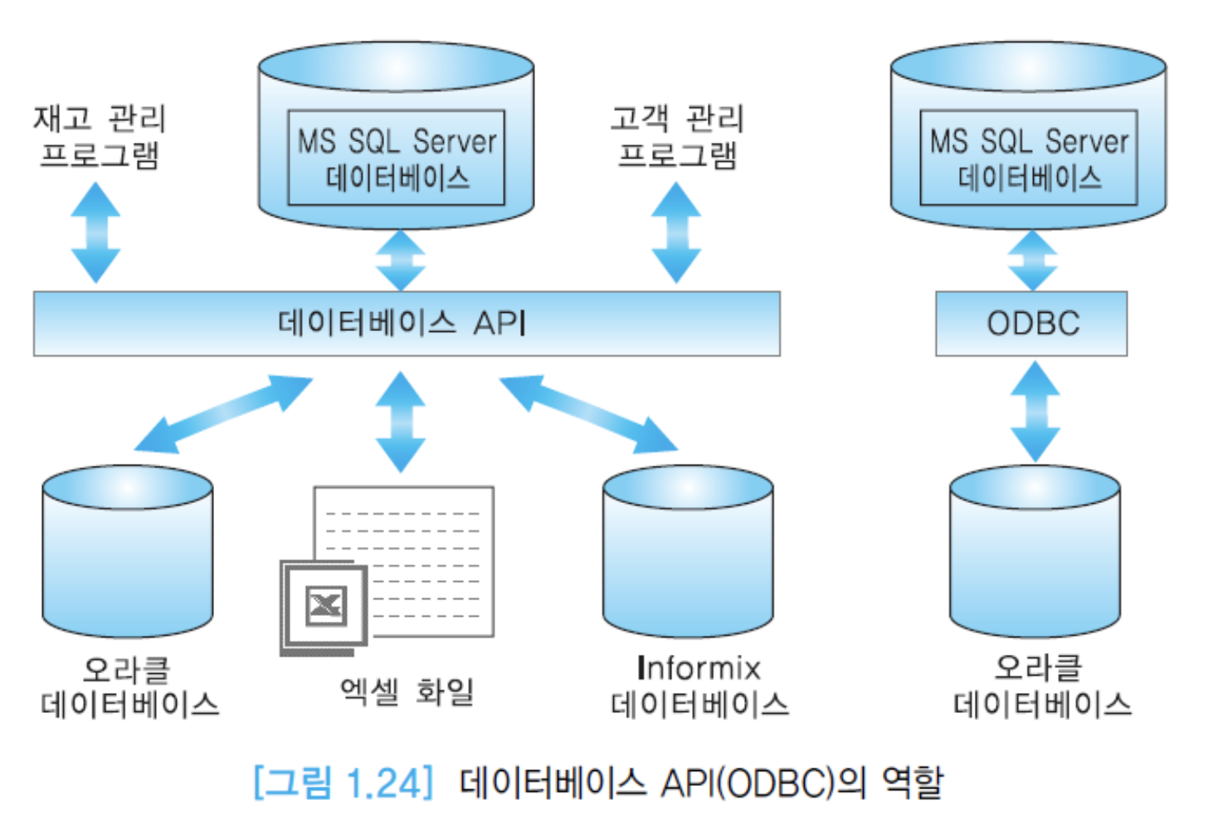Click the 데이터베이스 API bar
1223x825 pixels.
pyautogui.click(x=406, y=324)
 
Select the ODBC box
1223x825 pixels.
pyautogui.click(x=1031, y=324)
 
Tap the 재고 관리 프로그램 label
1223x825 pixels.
pyautogui.click(x=99, y=137)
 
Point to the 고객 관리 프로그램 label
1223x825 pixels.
pyautogui.click(x=677, y=137)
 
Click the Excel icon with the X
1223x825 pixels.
pyautogui.click(x=325, y=605)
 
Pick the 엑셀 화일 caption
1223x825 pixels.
pyautogui.click(x=407, y=691)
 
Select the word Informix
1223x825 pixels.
pyautogui.click(x=699, y=668)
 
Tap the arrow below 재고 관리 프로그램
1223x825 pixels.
pyautogui.click(x=95, y=232)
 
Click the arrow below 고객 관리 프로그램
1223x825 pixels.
pyautogui.click(x=676, y=232)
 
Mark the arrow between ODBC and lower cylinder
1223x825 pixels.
pyautogui.click(x=1035, y=411)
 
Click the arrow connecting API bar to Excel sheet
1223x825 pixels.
pyautogui.click(x=401, y=421)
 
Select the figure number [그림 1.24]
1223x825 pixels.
pyautogui.click(x=344, y=783)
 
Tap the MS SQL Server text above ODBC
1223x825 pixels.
pyautogui.click(x=1029, y=142)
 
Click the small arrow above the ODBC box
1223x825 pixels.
pyautogui.click(x=1032, y=260)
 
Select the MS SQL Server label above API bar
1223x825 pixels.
pyautogui.click(x=397, y=142)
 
